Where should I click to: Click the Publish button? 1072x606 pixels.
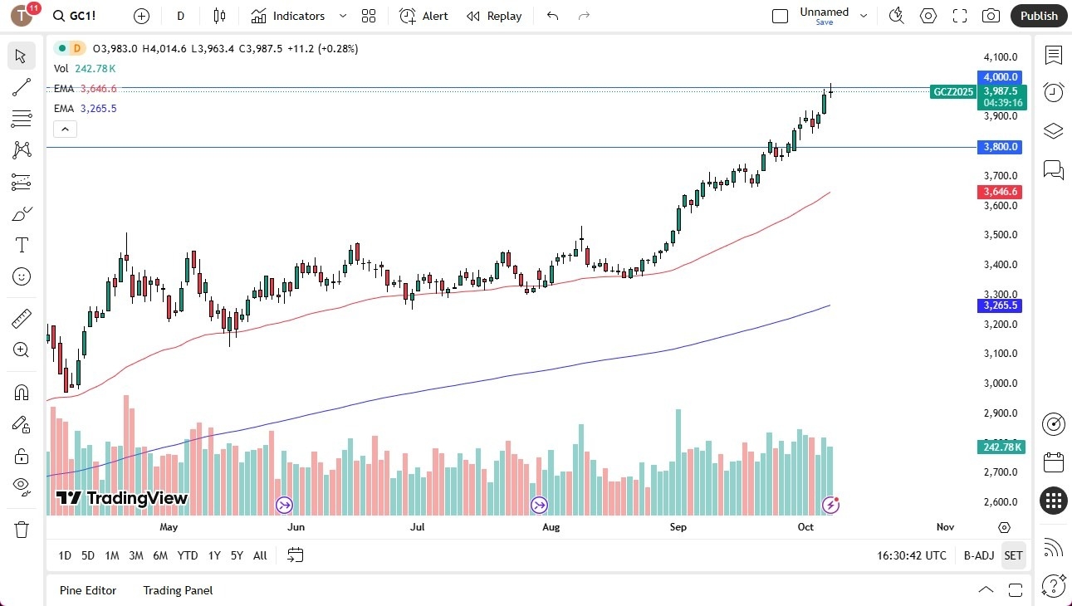tap(1039, 16)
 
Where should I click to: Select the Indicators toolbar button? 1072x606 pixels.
tap(288, 16)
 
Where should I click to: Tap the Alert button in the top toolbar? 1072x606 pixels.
tap(423, 16)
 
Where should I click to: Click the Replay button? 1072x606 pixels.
tap(494, 16)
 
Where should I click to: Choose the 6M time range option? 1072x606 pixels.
tap(160, 555)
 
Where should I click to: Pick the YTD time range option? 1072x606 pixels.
tap(188, 555)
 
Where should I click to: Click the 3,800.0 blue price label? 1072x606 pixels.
tap(1001, 147)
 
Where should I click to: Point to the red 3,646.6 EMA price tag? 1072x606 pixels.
tap(1001, 192)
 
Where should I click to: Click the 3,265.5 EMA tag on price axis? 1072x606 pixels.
tap(1001, 305)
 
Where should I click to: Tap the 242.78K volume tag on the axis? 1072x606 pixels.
tap(1001, 447)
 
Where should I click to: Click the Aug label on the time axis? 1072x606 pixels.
tap(551, 527)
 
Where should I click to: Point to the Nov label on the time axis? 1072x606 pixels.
tap(945, 527)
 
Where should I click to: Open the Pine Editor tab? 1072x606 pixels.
tap(88, 590)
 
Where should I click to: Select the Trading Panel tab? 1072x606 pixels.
tap(178, 590)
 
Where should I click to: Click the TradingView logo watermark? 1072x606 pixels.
tap(122, 498)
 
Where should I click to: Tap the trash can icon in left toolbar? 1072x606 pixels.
tap(22, 530)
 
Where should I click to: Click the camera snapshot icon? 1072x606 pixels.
tap(991, 16)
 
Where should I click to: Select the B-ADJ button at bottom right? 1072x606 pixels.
tap(978, 555)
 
